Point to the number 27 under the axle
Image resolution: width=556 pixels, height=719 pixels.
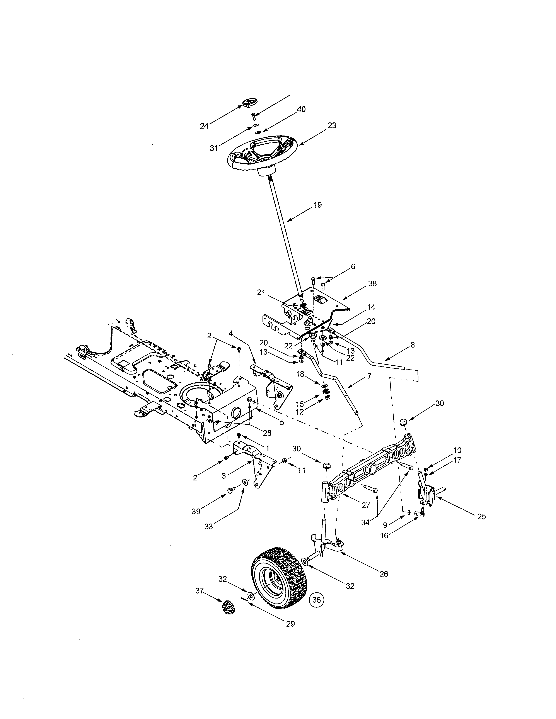click(x=366, y=505)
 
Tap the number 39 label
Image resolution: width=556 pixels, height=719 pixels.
click(x=196, y=512)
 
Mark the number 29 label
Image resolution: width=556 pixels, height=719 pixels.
click(x=290, y=624)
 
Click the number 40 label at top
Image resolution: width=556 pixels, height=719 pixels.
click(x=301, y=110)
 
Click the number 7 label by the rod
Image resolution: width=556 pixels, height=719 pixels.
click(x=369, y=376)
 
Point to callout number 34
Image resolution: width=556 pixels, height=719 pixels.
click(x=365, y=522)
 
